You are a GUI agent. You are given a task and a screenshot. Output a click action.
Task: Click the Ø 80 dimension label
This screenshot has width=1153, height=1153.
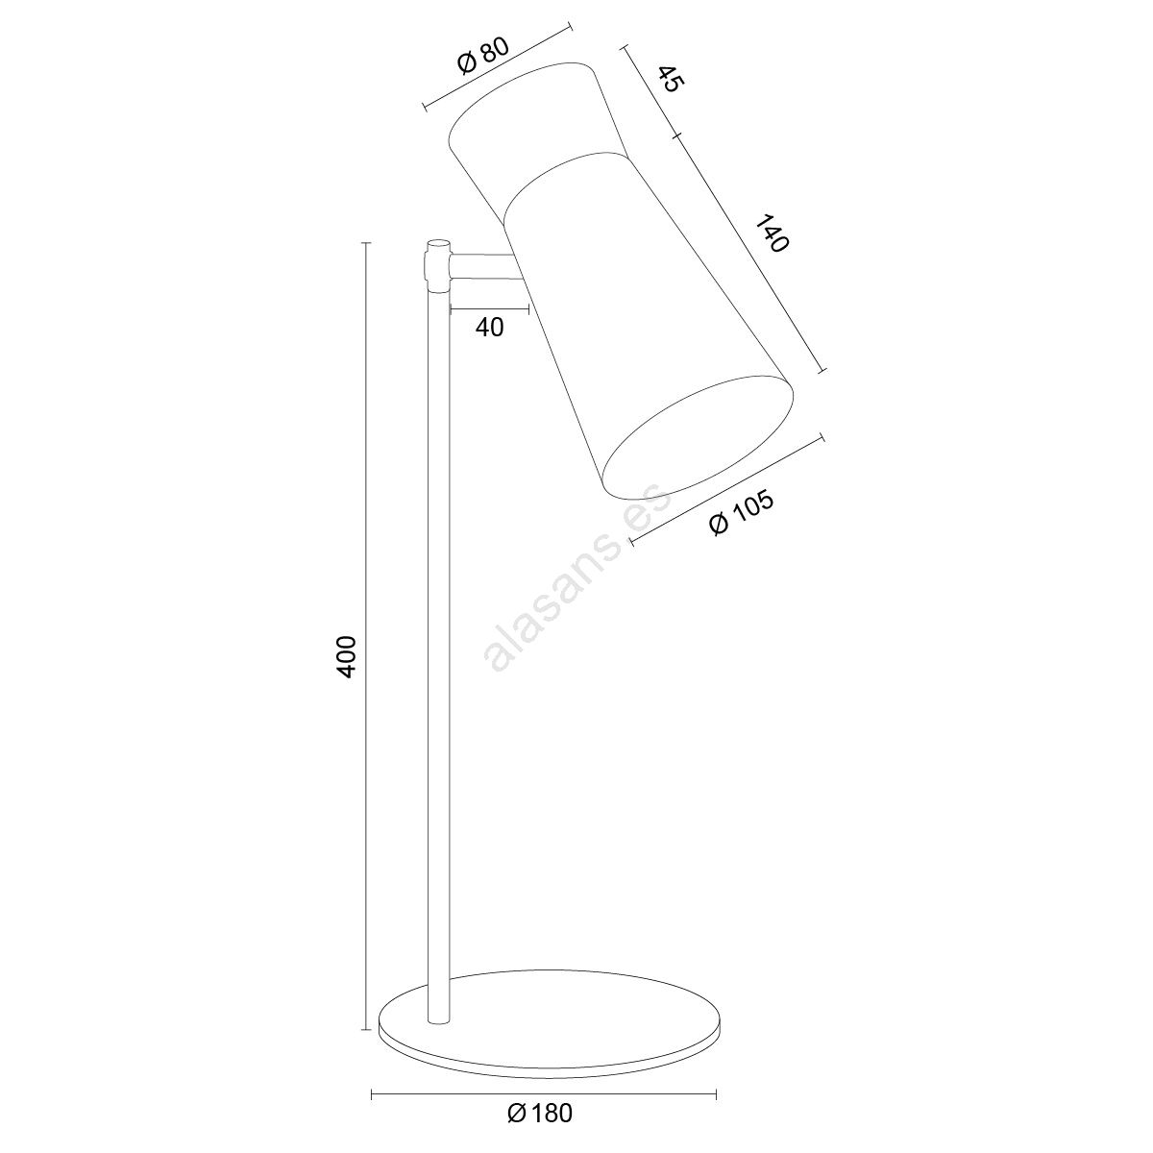[483, 57]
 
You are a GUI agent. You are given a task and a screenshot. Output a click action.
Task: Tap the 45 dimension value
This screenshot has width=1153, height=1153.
[670, 79]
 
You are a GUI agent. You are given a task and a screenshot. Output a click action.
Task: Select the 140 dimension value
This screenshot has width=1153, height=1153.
[772, 233]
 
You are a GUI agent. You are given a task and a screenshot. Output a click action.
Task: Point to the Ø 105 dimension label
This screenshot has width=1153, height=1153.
[742, 513]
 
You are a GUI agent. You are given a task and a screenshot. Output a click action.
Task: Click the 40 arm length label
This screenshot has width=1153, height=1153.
[489, 328]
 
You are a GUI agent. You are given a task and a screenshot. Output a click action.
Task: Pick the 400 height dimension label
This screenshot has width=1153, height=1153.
[345, 656]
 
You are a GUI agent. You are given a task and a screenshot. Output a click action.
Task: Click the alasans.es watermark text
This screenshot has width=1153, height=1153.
[577, 576]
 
